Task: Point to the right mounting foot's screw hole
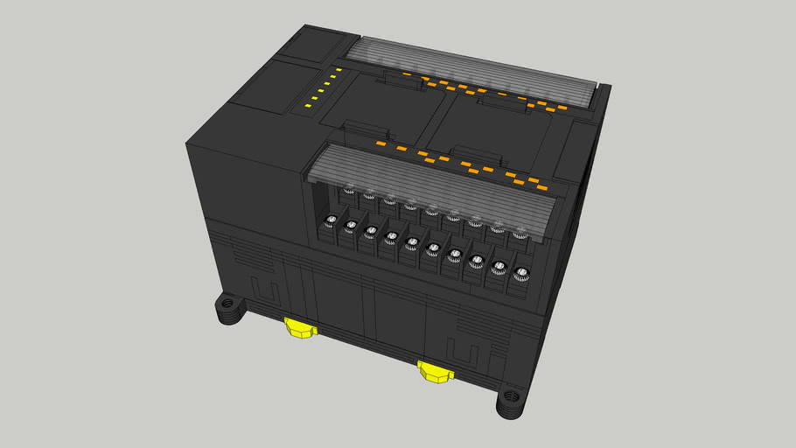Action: (x=510, y=404)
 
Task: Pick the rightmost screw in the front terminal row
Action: (x=521, y=271)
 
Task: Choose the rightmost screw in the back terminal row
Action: (x=520, y=233)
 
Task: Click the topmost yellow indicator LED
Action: (x=337, y=68)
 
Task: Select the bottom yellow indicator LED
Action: (x=305, y=107)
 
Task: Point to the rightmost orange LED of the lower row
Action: (x=541, y=187)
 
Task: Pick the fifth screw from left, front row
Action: (x=411, y=241)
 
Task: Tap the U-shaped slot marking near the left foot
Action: (x=262, y=290)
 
